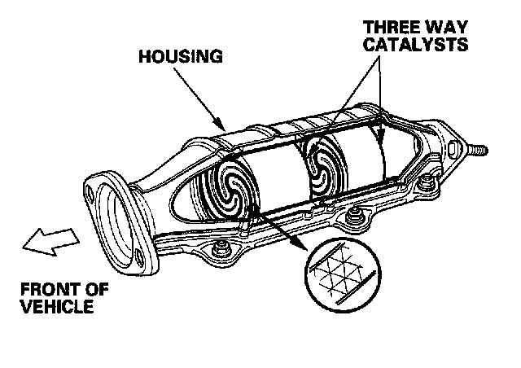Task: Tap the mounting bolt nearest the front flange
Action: pos(221,249)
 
